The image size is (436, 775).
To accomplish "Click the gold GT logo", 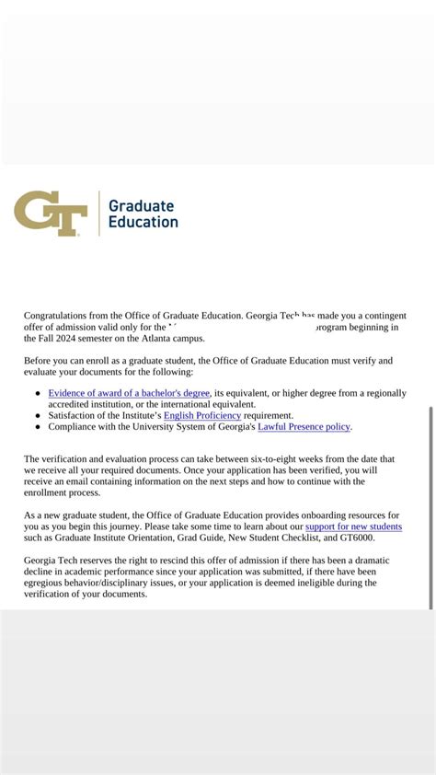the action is [x=51, y=214].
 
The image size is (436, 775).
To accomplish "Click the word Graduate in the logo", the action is [x=141, y=205].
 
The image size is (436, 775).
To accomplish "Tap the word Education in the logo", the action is [x=143, y=222].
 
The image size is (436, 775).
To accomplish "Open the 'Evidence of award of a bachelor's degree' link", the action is [x=129, y=393].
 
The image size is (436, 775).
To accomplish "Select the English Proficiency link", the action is [x=202, y=416].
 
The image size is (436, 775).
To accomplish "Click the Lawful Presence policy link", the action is [x=304, y=427].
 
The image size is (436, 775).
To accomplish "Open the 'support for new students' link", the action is [x=353, y=526].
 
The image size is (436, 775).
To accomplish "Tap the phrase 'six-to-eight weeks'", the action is [x=313, y=458].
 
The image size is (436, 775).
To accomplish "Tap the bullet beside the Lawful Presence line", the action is [x=38, y=427].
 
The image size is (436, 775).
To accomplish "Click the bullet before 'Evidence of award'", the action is [x=38, y=393].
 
